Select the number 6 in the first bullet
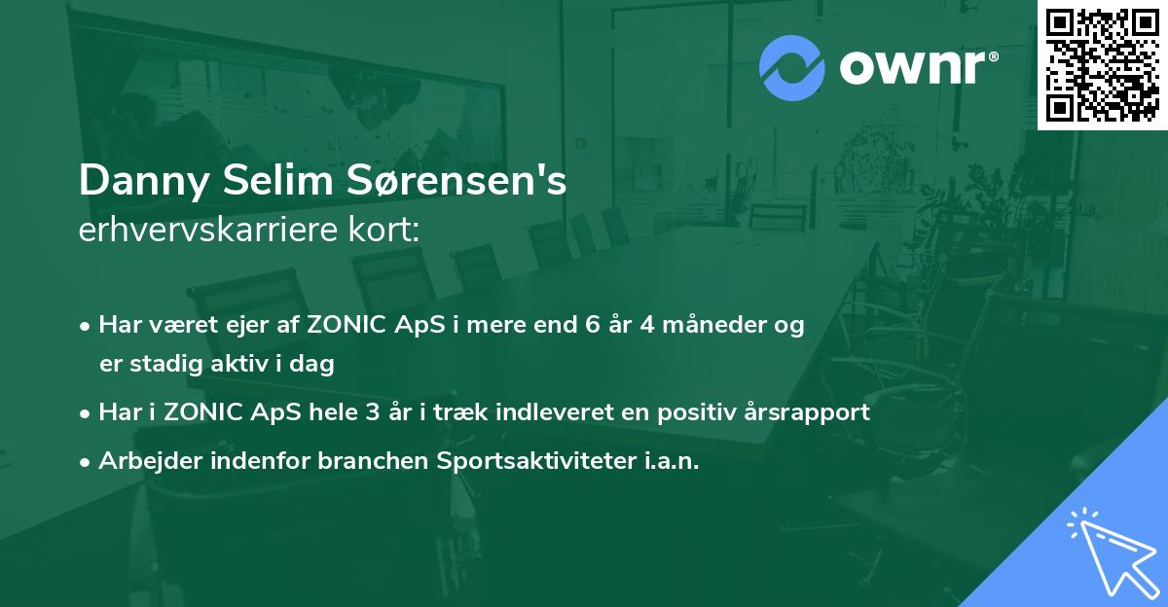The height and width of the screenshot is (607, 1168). (x=589, y=325)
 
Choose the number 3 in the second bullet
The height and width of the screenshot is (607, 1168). (x=372, y=411)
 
